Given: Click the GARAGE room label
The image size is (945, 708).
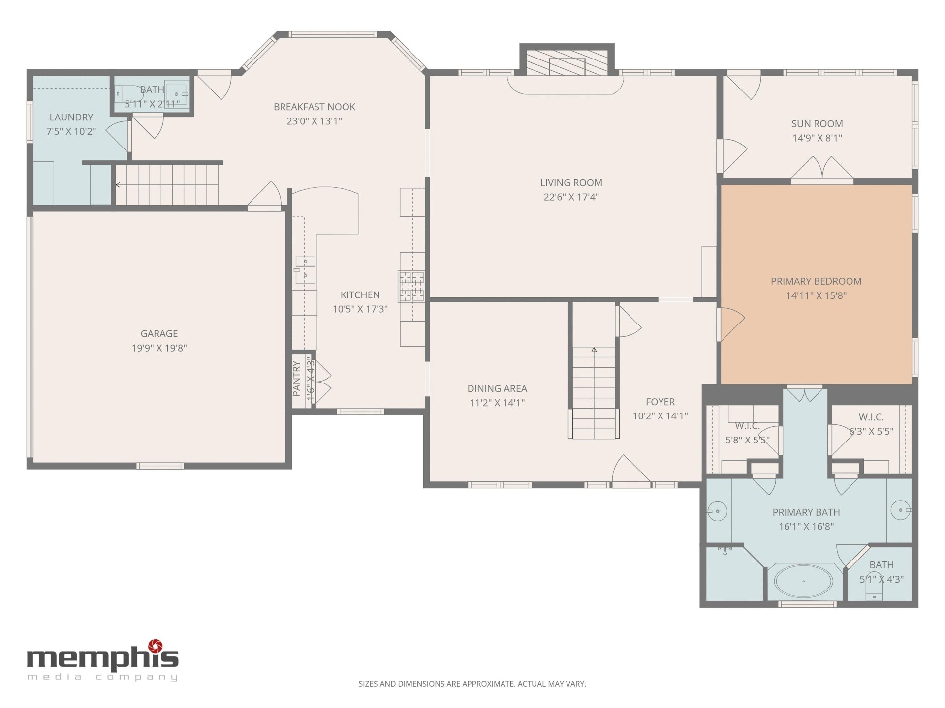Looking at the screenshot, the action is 159,333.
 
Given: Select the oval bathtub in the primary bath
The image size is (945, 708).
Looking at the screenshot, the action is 803,581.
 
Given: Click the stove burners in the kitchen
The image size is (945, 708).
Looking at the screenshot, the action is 411,286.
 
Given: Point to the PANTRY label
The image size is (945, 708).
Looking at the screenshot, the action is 296,379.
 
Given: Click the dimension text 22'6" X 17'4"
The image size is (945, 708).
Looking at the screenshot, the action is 571,197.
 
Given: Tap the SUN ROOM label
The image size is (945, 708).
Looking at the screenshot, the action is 817,124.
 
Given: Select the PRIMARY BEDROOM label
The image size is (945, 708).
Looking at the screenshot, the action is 816,281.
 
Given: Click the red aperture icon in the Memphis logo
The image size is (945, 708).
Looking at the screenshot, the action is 156,646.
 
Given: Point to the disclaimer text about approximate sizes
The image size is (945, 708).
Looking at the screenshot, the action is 472,684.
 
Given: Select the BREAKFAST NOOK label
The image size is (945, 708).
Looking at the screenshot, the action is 315,107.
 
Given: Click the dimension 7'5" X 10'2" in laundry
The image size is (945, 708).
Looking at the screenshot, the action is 71,131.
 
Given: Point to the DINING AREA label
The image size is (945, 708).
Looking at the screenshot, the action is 497,388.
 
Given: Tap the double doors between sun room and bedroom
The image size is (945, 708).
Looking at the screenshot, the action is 822,170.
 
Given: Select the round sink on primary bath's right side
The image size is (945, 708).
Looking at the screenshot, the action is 900,510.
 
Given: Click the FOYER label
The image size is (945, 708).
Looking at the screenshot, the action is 660,402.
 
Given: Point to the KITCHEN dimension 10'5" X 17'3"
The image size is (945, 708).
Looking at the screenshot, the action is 360,309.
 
